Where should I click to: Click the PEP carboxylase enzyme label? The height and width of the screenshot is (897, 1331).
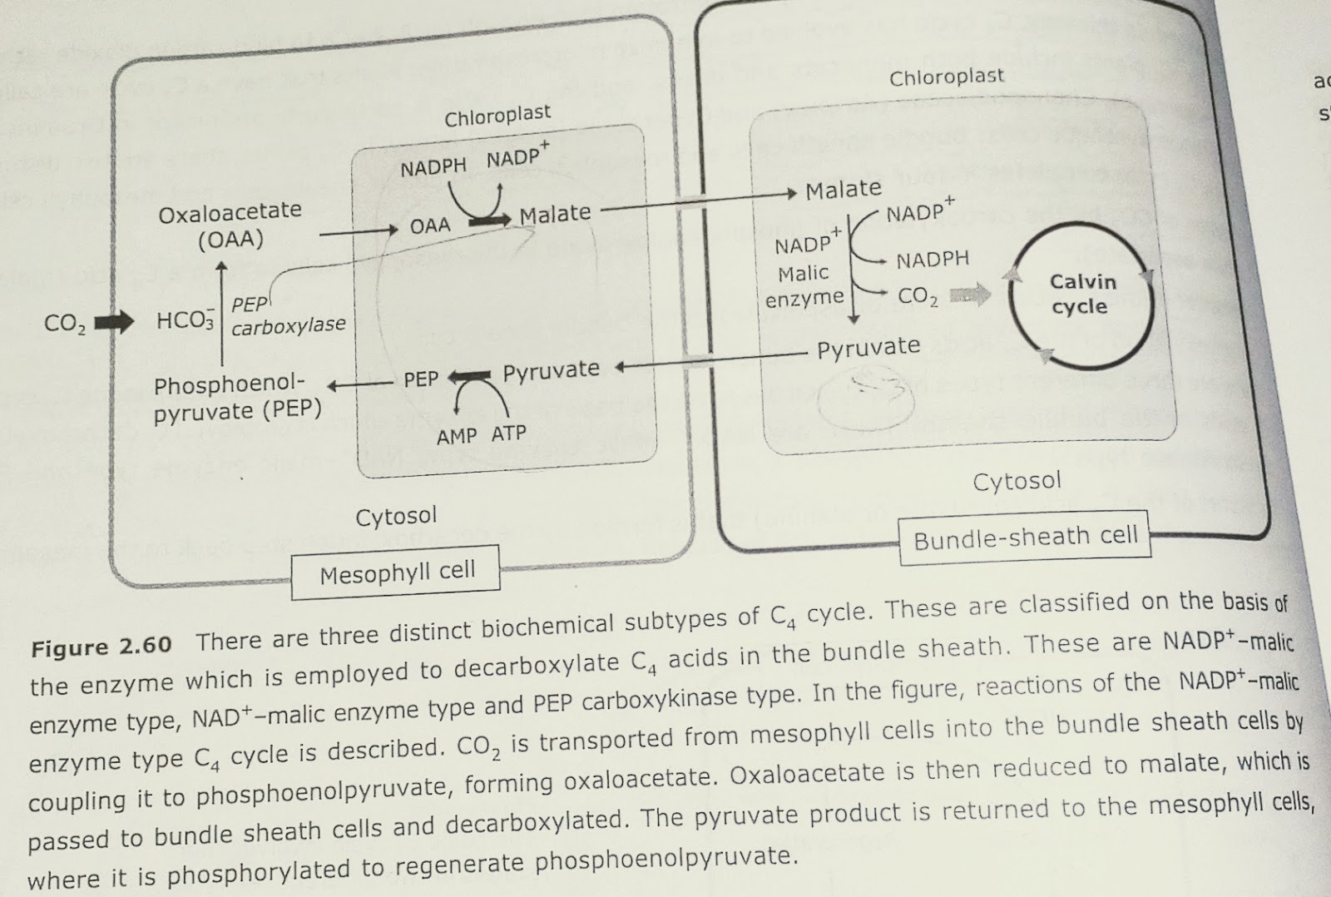[287, 317]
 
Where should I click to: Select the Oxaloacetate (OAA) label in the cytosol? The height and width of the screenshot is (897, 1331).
[230, 225]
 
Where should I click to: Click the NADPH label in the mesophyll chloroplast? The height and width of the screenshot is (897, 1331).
[433, 168]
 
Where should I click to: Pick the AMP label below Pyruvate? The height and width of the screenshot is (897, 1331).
[457, 436]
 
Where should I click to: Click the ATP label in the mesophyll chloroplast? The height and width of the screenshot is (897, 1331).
[508, 434]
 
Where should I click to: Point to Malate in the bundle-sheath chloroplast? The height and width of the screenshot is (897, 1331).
[844, 191]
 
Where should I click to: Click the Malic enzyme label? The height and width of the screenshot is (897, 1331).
[804, 285]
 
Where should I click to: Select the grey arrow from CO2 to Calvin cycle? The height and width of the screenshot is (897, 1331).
[970, 294]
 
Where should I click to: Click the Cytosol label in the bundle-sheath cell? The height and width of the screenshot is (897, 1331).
[1017, 481]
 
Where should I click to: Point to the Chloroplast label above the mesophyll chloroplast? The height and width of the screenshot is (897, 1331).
[497, 116]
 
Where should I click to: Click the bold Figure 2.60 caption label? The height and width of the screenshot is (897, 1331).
[101, 647]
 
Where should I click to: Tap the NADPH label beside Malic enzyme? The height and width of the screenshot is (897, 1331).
[933, 260]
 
